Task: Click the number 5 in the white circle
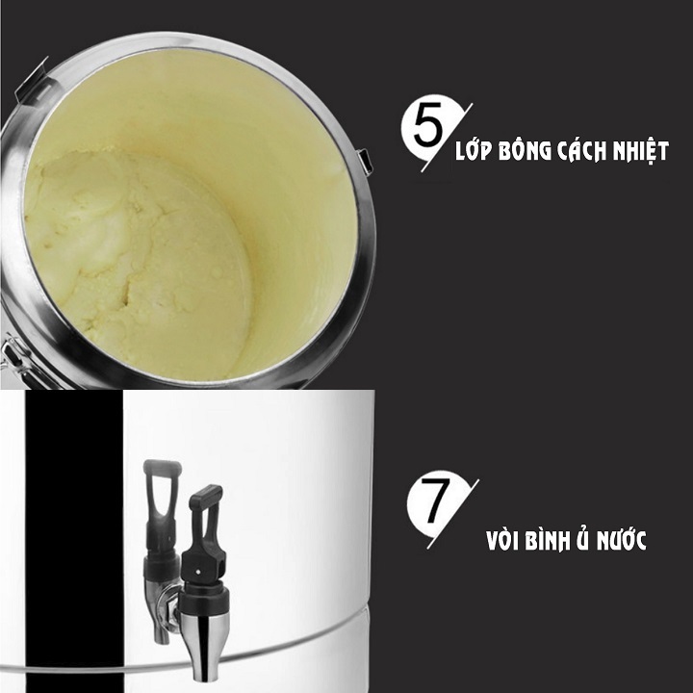point(427,124)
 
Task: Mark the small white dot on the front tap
point(197,572)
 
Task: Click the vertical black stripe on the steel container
point(74,541)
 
